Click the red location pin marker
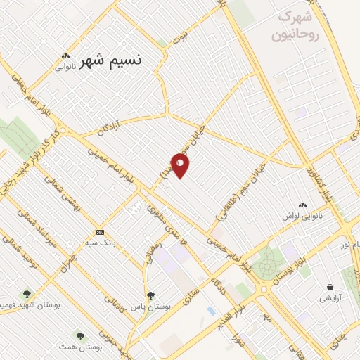[180, 165]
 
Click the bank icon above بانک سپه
[100, 232]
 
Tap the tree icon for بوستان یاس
[150, 295]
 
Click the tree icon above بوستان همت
[80, 335]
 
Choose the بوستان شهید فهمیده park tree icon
[27, 294]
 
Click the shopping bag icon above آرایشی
[330, 287]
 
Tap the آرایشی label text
[330, 298]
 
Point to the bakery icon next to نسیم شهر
[65, 56]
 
